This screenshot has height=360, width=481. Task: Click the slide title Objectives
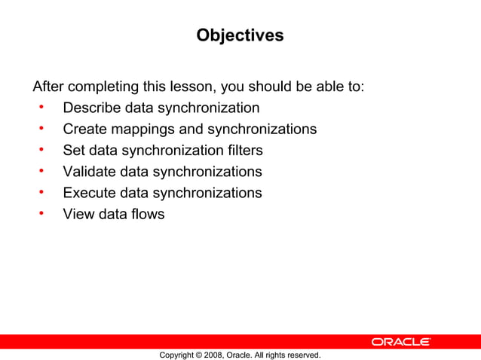pos(240,35)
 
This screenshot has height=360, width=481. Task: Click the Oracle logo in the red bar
pos(400,342)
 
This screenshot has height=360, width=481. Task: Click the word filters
pos(243,150)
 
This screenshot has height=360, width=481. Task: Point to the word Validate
pos(90,172)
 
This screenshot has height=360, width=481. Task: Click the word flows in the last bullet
pos(146,214)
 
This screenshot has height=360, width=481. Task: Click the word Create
pos(84,129)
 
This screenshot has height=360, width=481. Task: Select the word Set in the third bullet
pos(74,150)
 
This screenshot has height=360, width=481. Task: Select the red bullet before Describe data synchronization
pos(43,108)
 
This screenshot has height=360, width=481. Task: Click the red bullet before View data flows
pos(43,214)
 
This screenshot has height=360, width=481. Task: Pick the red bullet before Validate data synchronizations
pos(43,172)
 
